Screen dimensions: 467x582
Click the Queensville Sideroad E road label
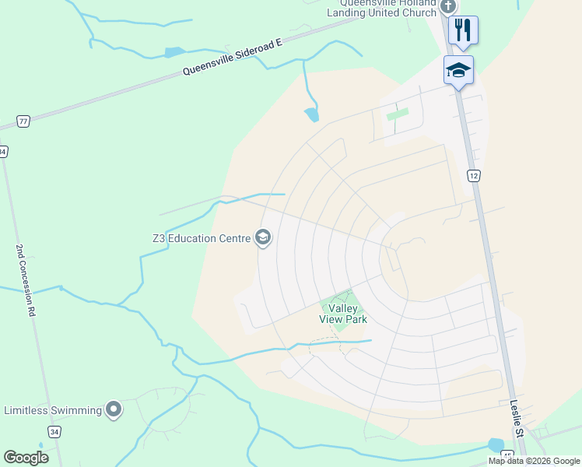tap(231, 58)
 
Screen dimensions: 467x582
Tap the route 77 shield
tap(24, 121)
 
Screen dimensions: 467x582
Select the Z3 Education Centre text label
tap(201, 238)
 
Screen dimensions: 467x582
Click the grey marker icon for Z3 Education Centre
tap(263, 238)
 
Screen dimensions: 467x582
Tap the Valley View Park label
tap(342, 314)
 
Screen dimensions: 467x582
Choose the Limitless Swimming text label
tap(53, 410)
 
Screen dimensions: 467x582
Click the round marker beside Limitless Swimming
tap(114, 409)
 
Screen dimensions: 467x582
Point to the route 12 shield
tap(473, 176)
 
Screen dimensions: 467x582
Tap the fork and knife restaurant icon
tap(463, 30)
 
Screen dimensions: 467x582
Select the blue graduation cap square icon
tap(458, 70)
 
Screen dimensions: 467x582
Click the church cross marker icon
tap(447, 7)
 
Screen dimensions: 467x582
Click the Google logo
tap(26, 458)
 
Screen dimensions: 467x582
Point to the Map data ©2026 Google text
tap(535, 461)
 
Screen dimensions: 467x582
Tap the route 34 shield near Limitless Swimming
tap(54, 431)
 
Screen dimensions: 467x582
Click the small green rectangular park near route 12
tap(398, 114)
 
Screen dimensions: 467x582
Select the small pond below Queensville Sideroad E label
tap(312, 115)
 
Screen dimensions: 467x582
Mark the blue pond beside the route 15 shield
tap(495, 444)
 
